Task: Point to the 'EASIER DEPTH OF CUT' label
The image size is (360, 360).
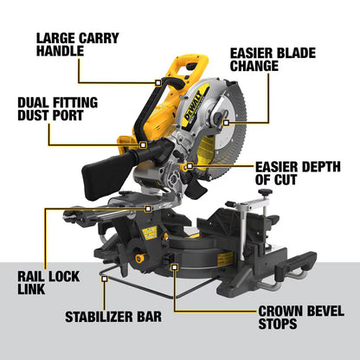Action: click(x=293, y=172)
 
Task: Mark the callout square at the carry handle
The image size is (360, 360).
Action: click(x=159, y=81)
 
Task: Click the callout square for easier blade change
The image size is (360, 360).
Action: click(x=215, y=93)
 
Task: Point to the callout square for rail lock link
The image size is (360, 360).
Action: click(x=150, y=208)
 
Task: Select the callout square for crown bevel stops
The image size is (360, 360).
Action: click(x=175, y=267)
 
